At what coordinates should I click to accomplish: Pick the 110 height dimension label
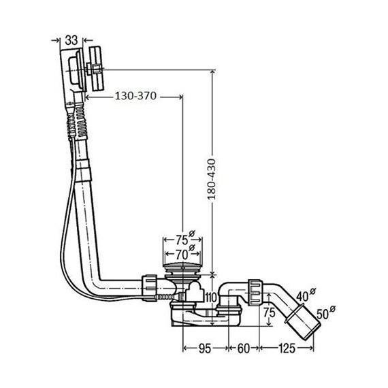click(210, 297)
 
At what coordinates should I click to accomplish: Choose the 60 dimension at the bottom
click(244, 349)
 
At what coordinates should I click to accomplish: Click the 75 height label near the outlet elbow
click(268, 314)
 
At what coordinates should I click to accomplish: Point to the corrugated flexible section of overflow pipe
click(76, 119)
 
